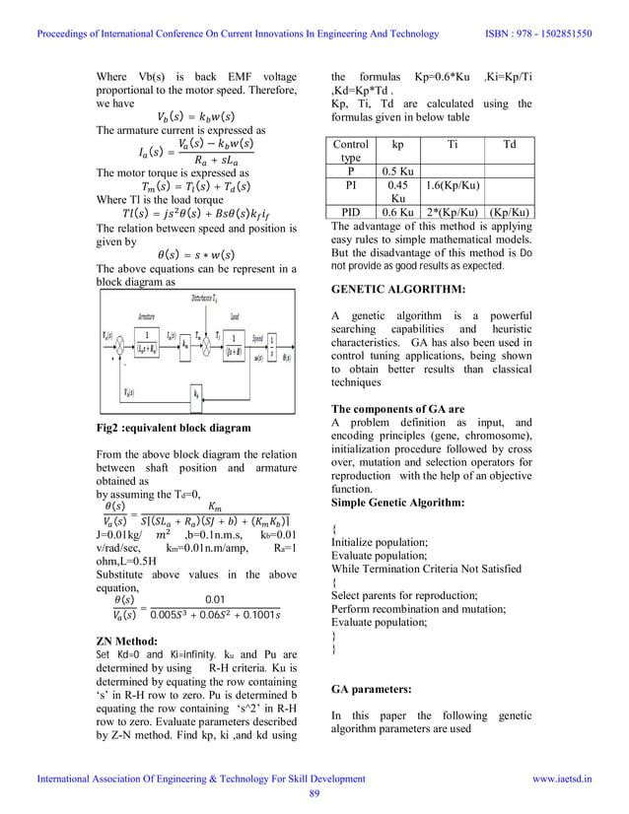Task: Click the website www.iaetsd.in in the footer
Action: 562,779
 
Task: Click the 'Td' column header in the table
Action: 509,144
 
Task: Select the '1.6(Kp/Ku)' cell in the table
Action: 453,185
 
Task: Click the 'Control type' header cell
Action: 350,151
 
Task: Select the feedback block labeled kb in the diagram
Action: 197,392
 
